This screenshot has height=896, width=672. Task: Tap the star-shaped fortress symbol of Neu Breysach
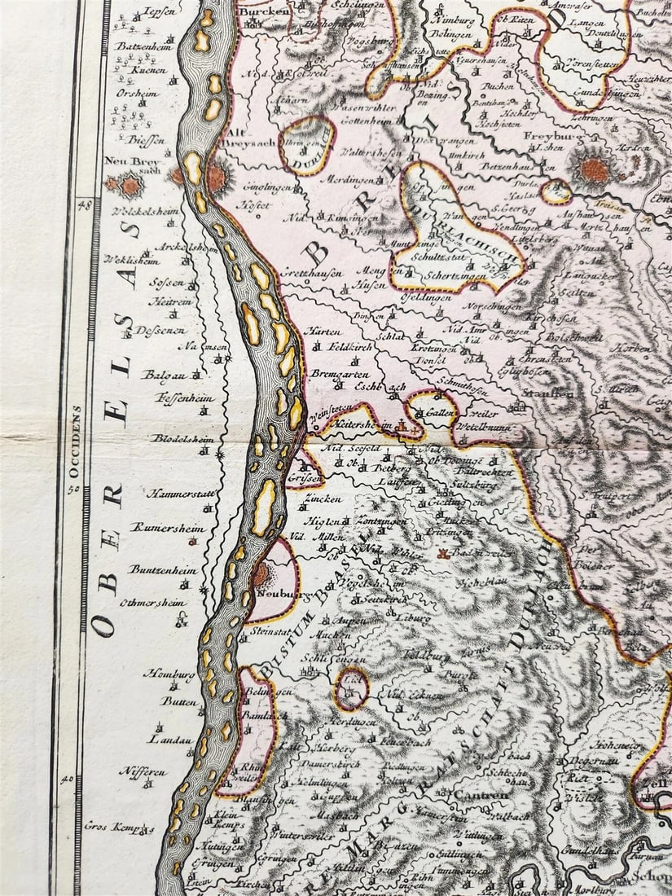coord(130,186)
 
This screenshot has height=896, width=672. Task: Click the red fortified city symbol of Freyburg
coord(595,170)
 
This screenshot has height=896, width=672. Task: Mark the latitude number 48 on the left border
coord(81,205)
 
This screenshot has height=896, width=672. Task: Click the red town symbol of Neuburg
coord(259,575)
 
